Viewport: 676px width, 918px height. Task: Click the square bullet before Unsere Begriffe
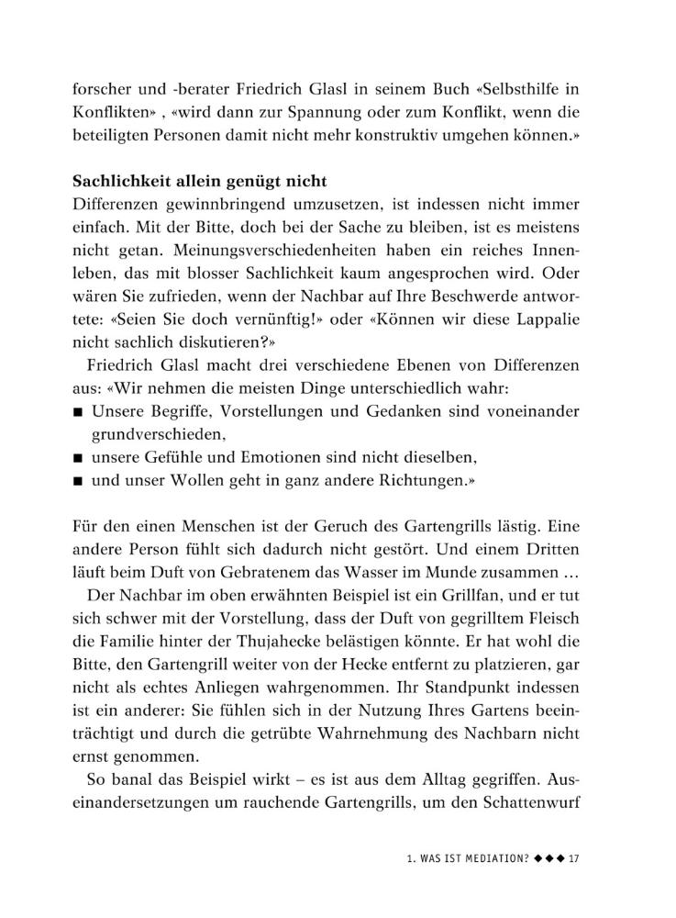[x=80, y=413]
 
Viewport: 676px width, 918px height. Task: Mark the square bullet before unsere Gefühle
[x=80, y=457]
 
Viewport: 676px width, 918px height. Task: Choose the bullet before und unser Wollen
[x=80, y=480]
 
